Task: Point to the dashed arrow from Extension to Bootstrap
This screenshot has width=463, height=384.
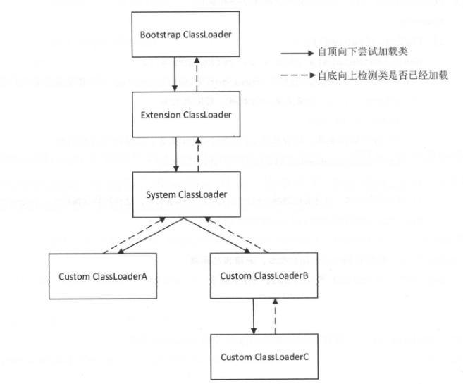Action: (x=197, y=74)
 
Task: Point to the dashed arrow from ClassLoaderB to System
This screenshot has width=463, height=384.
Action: (x=235, y=233)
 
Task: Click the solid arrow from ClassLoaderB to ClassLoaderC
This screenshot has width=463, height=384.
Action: (x=253, y=316)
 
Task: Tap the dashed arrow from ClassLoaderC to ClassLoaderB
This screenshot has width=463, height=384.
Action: (x=276, y=316)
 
